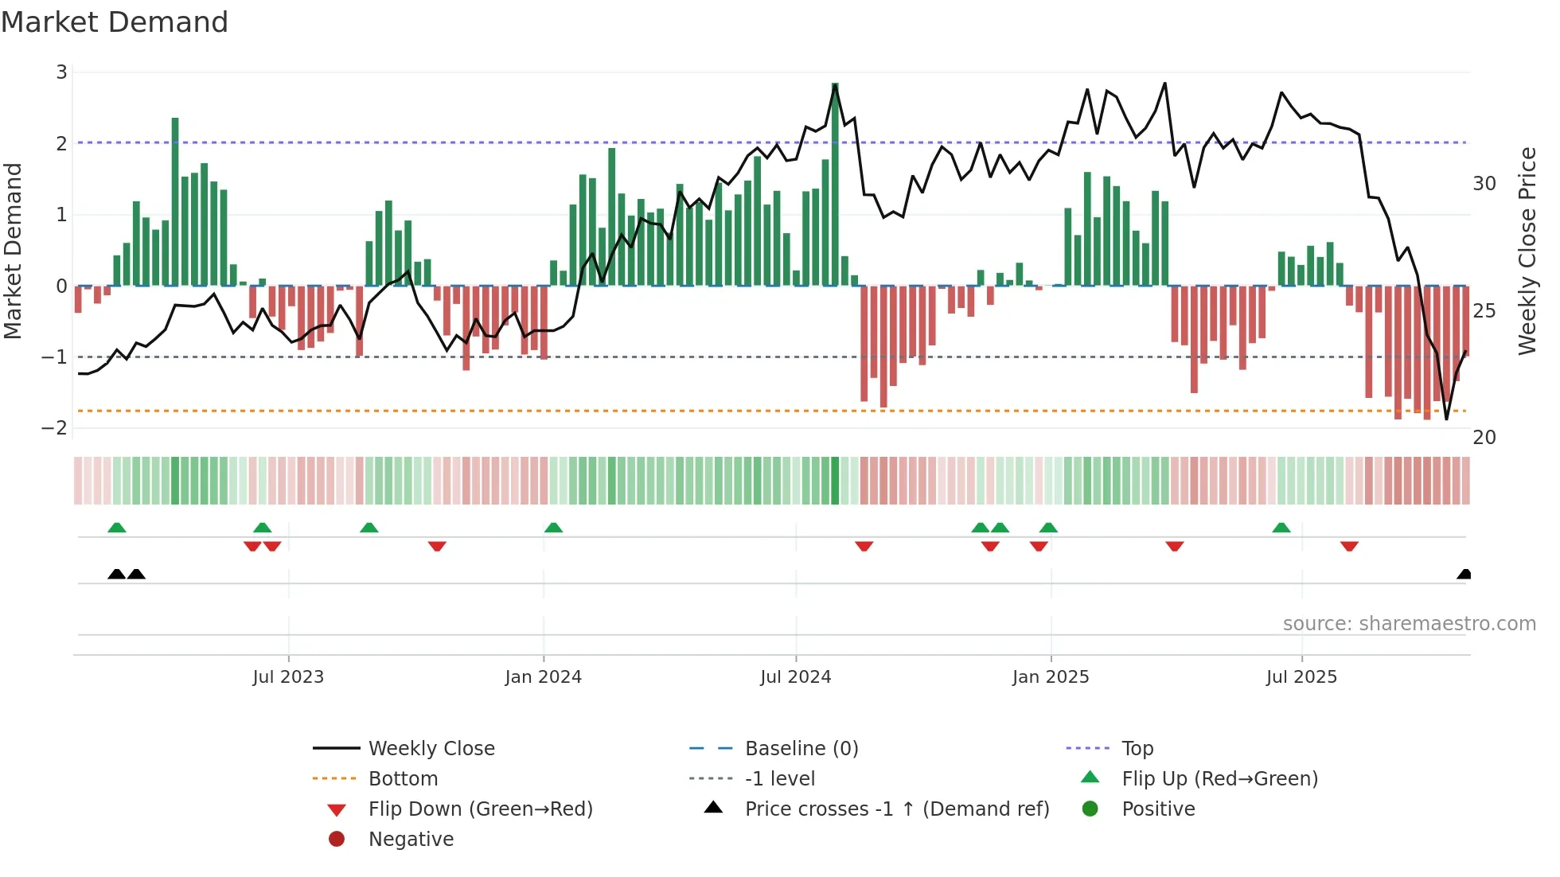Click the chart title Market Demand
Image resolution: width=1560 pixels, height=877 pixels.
115,22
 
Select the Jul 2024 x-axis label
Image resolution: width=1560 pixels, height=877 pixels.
795,677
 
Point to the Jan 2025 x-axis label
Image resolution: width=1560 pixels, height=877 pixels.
1050,677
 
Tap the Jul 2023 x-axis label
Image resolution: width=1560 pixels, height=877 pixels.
288,677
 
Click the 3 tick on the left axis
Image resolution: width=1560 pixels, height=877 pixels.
61,72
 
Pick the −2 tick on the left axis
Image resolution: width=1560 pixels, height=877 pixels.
55,428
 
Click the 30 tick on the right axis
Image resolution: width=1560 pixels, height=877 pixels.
1484,184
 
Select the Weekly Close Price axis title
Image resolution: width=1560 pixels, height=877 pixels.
1527,251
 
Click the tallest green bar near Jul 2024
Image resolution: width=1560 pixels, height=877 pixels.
835,183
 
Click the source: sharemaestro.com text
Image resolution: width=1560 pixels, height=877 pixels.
1409,624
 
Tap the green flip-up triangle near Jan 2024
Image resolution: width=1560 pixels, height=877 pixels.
553,528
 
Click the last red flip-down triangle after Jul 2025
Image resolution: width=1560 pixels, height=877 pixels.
1349,546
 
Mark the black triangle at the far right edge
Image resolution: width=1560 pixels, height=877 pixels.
1464,574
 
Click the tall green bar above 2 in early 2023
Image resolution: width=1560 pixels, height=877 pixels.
175,199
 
